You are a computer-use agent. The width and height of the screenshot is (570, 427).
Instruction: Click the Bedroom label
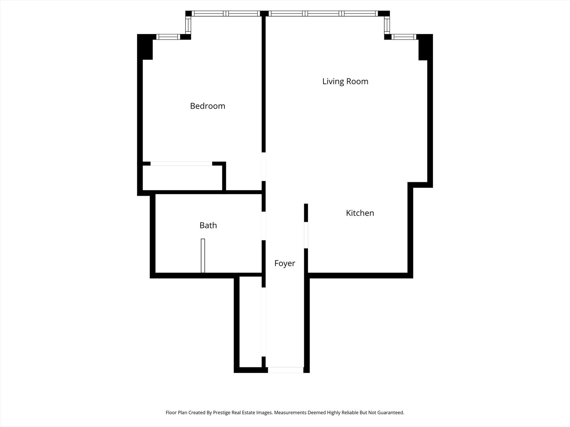(207, 106)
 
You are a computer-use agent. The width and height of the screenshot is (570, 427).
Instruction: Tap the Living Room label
(345, 81)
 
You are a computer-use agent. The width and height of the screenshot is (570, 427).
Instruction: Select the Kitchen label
(360, 213)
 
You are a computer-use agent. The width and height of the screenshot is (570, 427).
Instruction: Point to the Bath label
(208, 225)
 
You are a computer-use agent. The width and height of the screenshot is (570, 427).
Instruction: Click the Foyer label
(285, 263)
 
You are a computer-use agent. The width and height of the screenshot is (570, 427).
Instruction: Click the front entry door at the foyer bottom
(285, 370)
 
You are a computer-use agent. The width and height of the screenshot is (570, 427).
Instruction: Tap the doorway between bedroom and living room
(263, 166)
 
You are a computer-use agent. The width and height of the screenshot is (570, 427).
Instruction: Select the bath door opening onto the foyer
(263, 226)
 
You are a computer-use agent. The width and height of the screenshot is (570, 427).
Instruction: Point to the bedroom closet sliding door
(181, 164)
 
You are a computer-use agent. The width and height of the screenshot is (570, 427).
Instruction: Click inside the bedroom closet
(182, 178)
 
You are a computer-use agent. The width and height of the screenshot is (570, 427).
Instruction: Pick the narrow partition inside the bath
(203, 255)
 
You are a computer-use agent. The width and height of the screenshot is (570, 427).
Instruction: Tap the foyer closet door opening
(263, 322)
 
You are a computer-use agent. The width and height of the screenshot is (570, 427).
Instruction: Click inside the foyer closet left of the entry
(251, 322)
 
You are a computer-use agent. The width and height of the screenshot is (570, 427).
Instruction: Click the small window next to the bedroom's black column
(168, 37)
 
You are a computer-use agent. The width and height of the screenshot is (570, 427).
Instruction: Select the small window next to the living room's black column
(404, 37)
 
